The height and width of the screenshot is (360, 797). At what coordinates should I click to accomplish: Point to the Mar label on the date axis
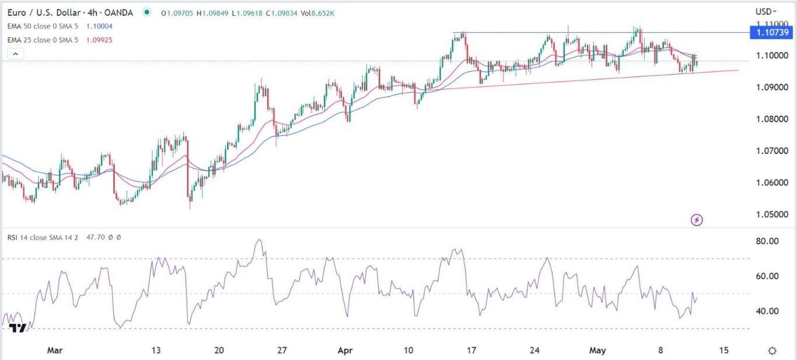point(54,351)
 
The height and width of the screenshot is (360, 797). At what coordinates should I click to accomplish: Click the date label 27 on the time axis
point(282,351)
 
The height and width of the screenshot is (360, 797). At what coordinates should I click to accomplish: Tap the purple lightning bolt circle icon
point(697,220)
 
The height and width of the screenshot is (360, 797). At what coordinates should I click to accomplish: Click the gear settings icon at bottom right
point(772,351)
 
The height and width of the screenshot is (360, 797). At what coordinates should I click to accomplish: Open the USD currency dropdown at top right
point(765,11)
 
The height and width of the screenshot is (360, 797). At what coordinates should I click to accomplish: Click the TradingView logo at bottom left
point(18,328)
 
